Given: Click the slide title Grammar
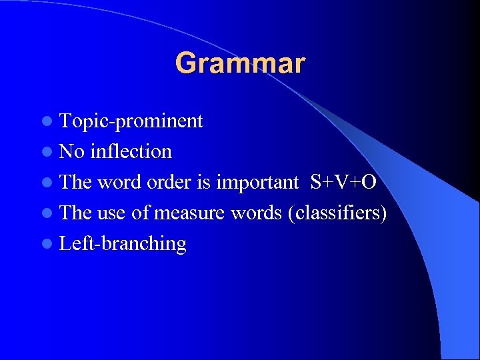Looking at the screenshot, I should pyautogui.click(x=240, y=63).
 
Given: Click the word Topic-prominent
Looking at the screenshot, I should pyautogui.click(x=131, y=121).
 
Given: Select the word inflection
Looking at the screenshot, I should pyautogui.click(x=131, y=151).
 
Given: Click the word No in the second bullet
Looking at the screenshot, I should pyautogui.click(x=71, y=151).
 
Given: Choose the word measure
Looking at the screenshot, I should pyautogui.click(x=190, y=213).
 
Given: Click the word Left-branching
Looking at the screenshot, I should pyautogui.click(x=123, y=244).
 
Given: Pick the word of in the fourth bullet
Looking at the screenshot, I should pyautogui.click(x=141, y=213).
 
